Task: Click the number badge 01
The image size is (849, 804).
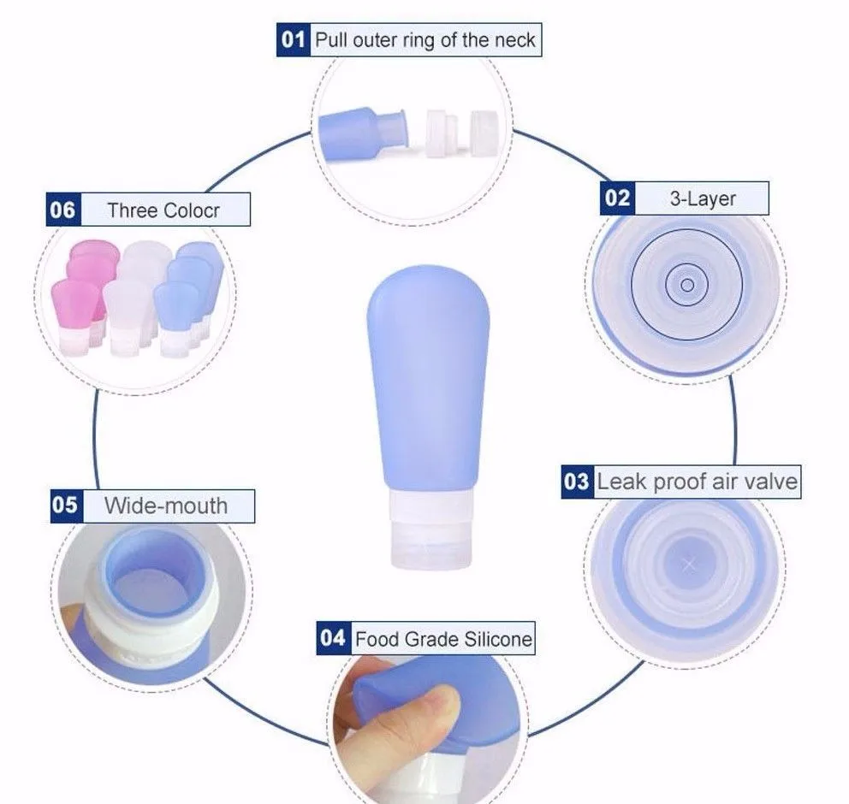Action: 293,40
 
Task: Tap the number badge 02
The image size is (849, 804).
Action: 617,198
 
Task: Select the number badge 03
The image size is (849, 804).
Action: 576,482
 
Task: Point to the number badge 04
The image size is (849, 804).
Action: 332,638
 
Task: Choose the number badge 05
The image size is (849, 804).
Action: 65,505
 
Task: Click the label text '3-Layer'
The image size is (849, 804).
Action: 702,199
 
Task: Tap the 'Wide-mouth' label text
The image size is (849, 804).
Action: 166,505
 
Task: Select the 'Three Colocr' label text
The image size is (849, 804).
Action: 162,210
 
